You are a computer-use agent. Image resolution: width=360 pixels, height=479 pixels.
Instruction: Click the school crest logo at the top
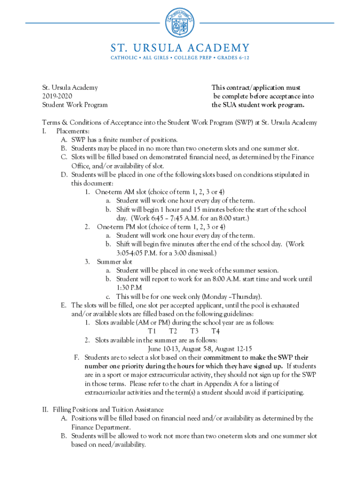(x=180, y=24)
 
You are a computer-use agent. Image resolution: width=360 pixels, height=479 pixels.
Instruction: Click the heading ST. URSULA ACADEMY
(x=180, y=48)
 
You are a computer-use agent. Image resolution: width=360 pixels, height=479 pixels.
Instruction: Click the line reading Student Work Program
(x=75, y=105)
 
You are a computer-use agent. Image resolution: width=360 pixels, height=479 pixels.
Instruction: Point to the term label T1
(x=151, y=331)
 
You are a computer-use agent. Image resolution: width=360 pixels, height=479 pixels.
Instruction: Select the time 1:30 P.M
(x=130, y=288)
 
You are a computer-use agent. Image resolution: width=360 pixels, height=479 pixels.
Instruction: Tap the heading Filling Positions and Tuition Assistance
(x=108, y=410)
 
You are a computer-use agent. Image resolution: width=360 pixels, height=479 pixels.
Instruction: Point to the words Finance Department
(x=100, y=427)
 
